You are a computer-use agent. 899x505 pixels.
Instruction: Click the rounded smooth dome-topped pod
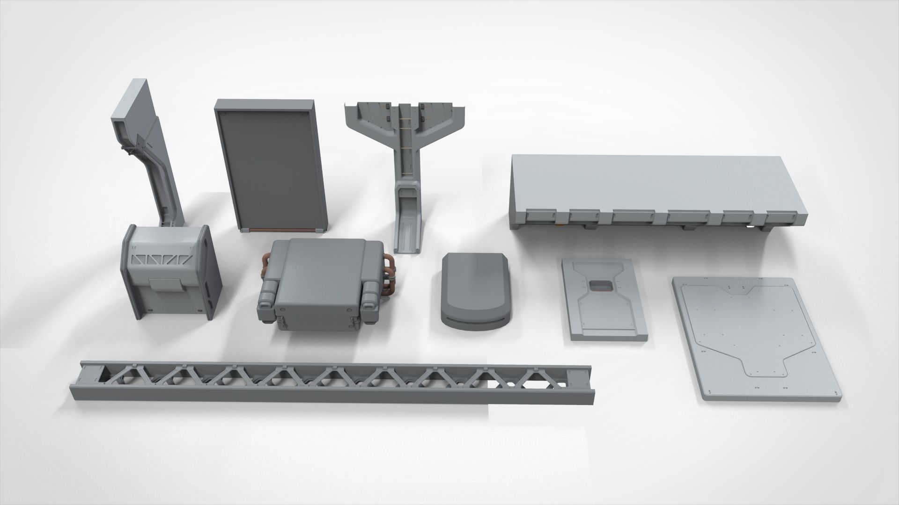pos(476,292)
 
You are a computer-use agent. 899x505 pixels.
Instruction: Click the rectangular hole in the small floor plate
pos(601,286)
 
